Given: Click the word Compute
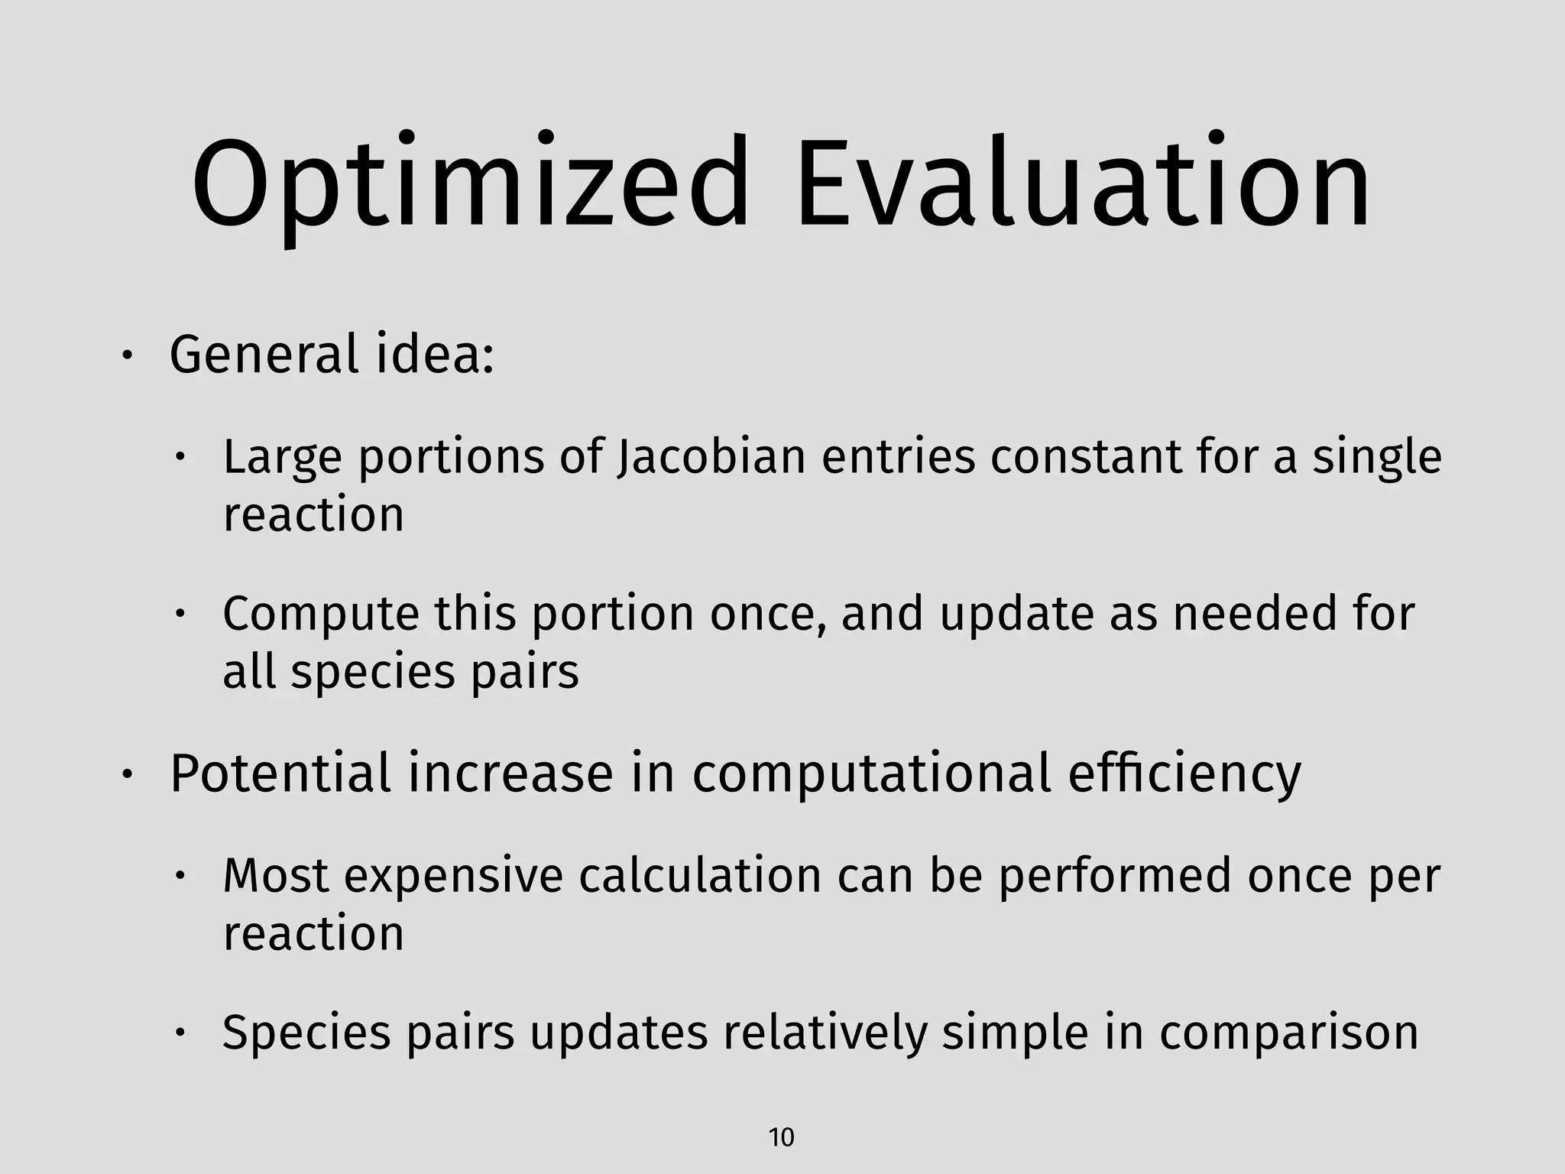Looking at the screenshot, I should [x=321, y=615].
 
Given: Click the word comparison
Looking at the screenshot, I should [x=1288, y=1033].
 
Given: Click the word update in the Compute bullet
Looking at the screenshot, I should [x=1016, y=615].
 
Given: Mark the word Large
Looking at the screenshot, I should [x=282, y=457].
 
